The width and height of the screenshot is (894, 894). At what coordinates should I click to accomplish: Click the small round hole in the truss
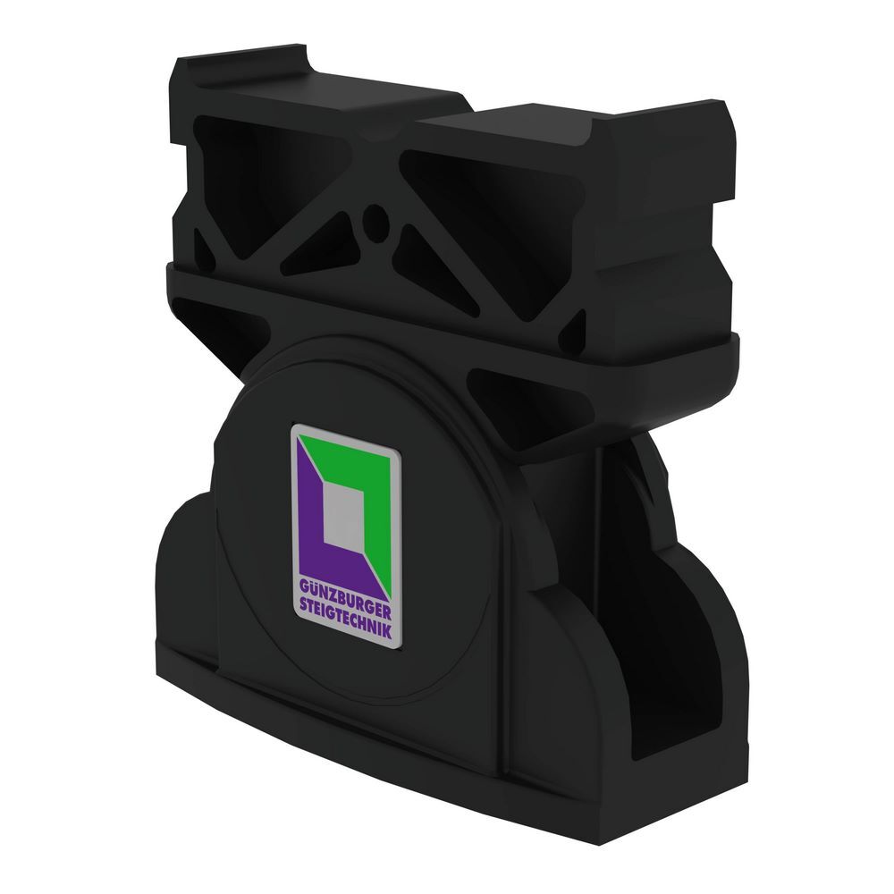[x=376, y=216]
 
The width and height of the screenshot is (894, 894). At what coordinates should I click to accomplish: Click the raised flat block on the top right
[x=572, y=121]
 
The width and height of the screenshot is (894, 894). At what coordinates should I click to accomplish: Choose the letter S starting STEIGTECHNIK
[x=299, y=606]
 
